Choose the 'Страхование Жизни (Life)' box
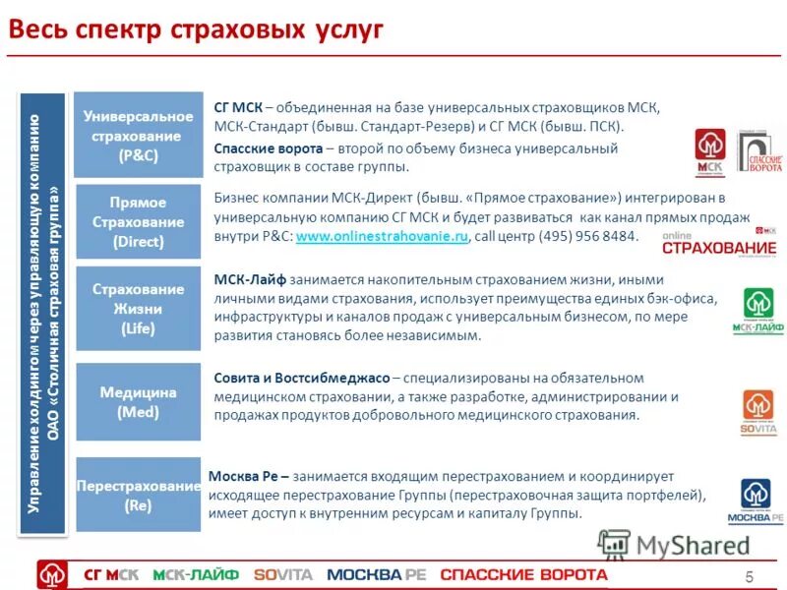click(x=138, y=309)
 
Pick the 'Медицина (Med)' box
click(x=138, y=401)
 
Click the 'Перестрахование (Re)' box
click(x=138, y=495)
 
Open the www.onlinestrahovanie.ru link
click(x=383, y=237)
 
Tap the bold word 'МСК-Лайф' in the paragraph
click(x=246, y=279)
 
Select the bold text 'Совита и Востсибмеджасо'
click(x=300, y=378)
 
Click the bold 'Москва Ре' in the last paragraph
click(x=243, y=476)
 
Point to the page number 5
click(x=749, y=576)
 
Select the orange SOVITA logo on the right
click(x=757, y=412)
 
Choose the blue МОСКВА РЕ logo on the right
click(x=756, y=501)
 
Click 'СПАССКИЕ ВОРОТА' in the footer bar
click(x=523, y=574)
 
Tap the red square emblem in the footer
click(x=52, y=574)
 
